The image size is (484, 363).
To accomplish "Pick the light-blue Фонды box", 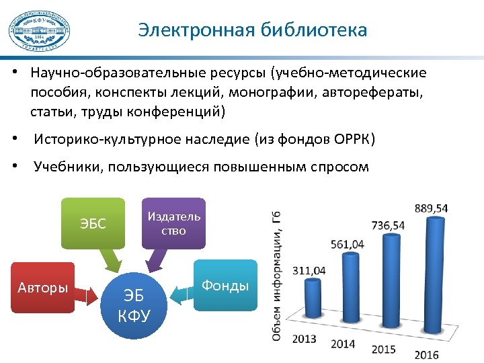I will pyautogui.click(x=225, y=286).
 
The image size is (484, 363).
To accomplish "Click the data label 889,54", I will pyautogui.click(x=431, y=208).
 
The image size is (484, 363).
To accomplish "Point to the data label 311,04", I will pyautogui.click(x=309, y=270).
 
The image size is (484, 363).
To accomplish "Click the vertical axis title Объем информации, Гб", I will pyautogui.click(x=277, y=276).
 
